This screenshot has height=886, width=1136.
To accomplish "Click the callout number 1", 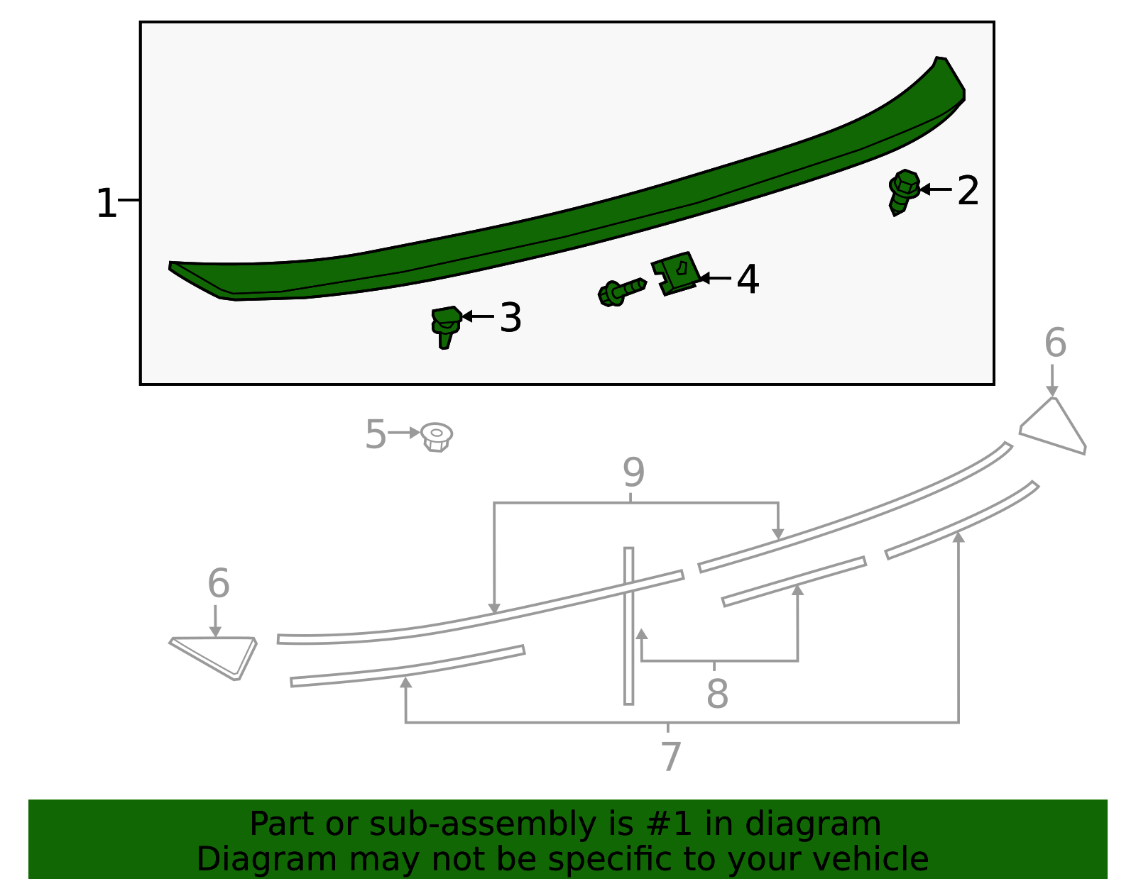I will coord(106,204).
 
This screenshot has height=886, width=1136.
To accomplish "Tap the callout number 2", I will coord(968,191).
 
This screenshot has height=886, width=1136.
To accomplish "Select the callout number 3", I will coord(510,317).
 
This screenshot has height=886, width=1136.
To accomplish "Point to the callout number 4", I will coord(748,279).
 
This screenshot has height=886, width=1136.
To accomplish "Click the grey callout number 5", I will coord(375,434).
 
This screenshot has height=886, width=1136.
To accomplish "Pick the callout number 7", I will coord(670,756).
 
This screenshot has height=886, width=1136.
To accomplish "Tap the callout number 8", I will coord(717,694).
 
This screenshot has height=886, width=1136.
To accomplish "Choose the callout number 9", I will coord(633,472).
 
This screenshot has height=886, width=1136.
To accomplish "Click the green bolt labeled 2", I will coord(903,191).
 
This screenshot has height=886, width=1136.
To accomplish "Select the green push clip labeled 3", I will coord(445,326).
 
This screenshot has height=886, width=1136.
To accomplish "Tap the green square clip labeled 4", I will coord(675,272).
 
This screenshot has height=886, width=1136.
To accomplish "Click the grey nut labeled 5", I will coord(437,436).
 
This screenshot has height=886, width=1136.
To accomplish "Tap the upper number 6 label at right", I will coord(1055,343).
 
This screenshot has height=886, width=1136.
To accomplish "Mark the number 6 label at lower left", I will coord(218,584).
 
